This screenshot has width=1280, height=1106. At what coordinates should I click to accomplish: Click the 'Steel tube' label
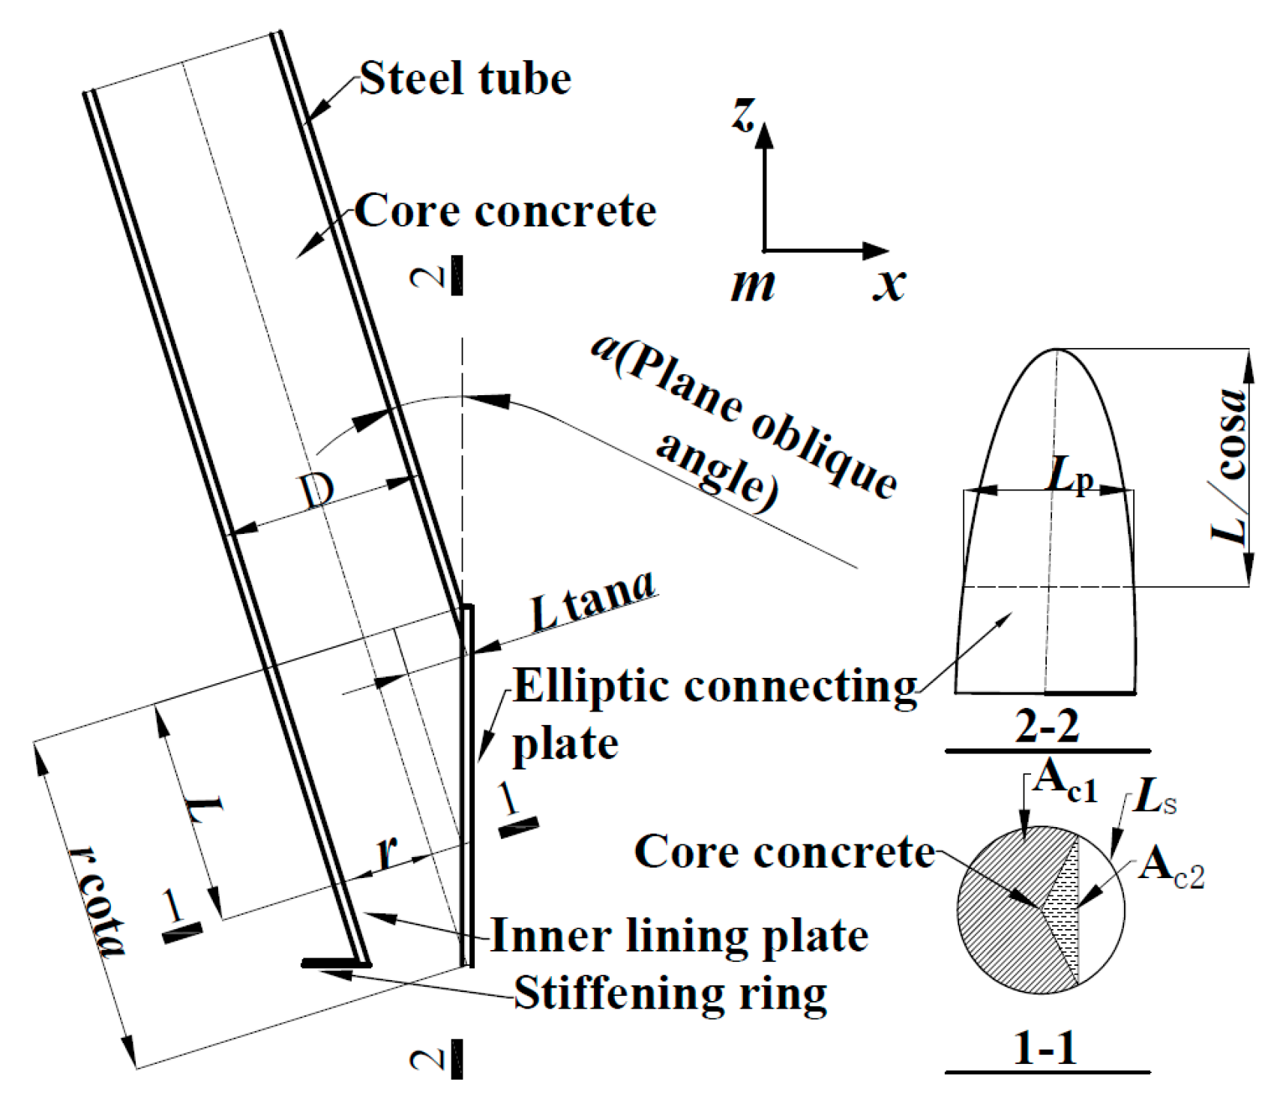[465, 79]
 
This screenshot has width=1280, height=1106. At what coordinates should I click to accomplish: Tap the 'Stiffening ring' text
[670, 994]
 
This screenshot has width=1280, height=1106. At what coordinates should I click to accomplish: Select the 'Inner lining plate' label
[679, 937]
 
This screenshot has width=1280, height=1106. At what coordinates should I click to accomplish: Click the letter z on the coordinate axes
[742, 116]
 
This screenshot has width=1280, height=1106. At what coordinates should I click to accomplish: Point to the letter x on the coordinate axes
[889, 285]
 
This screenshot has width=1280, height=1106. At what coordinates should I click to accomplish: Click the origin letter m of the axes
[752, 286]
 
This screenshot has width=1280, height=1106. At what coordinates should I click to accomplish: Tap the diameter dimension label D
[316, 492]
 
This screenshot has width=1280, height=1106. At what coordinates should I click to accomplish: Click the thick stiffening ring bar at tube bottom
[334, 964]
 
